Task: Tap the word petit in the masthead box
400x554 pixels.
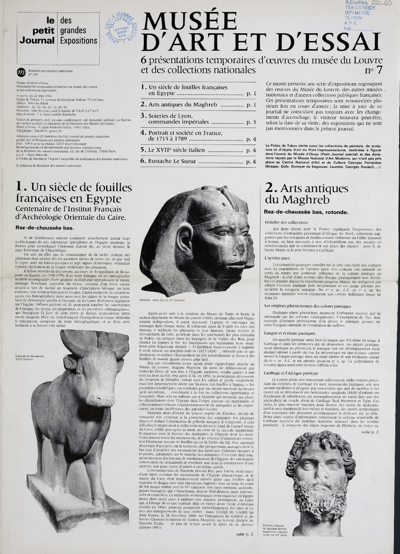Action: pyautogui.click(x=43, y=30)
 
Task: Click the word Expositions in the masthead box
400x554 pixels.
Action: pyautogui.click(x=79, y=40)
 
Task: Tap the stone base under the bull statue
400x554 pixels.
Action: pyautogui.click(x=69, y=503)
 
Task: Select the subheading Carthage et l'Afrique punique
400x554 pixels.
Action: pyautogui.click(x=291, y=373)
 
